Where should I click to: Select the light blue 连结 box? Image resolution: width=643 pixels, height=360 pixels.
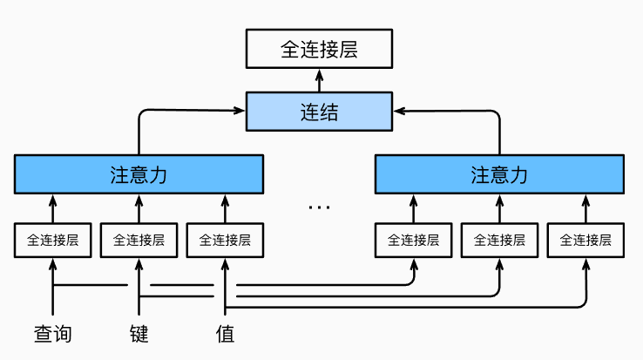click(x=319, y=112)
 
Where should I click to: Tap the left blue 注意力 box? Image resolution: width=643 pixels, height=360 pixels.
click(x=139, y=174)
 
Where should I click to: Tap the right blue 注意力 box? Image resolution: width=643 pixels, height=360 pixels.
click(x=499, y=174)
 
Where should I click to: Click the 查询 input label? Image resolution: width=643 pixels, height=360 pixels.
click(x=52, y=333)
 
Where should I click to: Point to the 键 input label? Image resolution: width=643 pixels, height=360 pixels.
click(x=139, y=333)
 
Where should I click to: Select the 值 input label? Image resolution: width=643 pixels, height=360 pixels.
click(x=225, y=333)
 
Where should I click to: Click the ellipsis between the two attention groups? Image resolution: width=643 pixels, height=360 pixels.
click(x=319, y=207)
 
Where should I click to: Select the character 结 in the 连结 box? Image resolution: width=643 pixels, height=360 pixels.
click(x=328, y=112)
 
